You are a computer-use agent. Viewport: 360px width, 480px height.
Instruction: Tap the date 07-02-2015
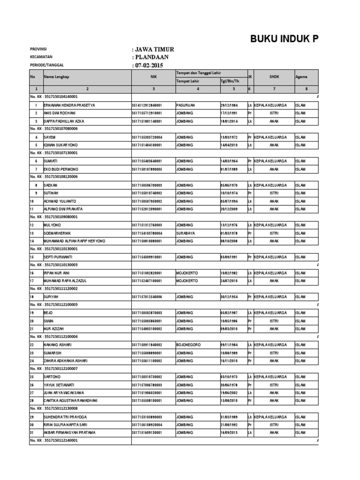(150, 65)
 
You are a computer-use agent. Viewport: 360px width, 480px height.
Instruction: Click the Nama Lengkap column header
(56, 76)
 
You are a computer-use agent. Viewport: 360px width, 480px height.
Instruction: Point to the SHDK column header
(274, 76)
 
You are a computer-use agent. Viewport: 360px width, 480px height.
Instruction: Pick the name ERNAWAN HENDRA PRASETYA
(69, 105)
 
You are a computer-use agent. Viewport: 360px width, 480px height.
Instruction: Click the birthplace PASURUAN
(186, 105)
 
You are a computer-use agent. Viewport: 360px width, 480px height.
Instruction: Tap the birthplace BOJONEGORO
(188, 345)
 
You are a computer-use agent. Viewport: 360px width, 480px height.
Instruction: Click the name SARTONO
(52, 376)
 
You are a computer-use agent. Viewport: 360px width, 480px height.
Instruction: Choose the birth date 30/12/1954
(230, 297)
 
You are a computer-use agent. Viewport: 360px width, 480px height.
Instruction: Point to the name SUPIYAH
(52, 297)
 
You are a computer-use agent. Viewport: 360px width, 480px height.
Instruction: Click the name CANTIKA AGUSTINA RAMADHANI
(70, 400)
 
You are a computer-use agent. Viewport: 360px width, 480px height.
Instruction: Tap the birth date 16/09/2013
(230, 432)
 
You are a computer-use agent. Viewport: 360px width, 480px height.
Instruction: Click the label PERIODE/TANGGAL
(46, 65)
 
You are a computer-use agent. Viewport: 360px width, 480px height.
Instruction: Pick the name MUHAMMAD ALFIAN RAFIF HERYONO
(75, 241)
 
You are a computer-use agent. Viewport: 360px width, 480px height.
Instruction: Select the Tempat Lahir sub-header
(186, 81)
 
